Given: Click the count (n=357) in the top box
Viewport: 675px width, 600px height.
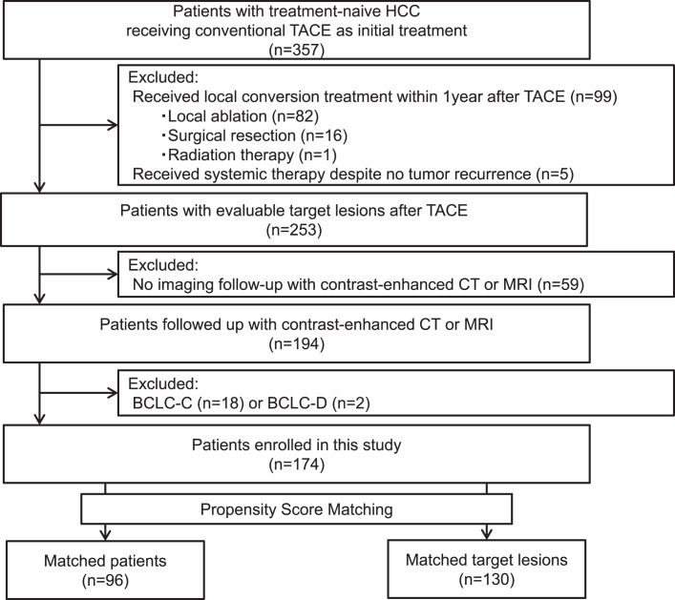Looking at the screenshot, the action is coord(297,50).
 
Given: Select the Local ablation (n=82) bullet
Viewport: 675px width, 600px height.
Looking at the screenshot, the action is coord(241,116).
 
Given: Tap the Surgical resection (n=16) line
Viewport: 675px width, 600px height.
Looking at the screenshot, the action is coord(254,135).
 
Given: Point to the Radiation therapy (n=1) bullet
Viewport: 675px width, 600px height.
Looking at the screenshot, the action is coord(249,155).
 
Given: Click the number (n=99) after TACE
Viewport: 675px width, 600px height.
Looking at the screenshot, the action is coord(594,96).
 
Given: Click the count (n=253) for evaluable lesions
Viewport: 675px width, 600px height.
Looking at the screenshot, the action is coord(294,230).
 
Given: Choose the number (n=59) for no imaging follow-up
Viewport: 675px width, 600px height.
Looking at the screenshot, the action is coord(560,284).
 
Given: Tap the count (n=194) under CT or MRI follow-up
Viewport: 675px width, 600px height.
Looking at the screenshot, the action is coord(297,343).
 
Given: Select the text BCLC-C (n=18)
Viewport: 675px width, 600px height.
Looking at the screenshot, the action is coord(188,403).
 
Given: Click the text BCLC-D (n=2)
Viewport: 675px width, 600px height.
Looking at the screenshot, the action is coord(319,403).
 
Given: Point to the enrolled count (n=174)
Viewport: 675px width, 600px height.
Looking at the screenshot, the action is coord(297,465).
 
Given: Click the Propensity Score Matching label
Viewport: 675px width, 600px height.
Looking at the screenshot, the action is coord(297,509).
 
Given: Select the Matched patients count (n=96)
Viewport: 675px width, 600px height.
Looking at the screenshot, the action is coord(105,580).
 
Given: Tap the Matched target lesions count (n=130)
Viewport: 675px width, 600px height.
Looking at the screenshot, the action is coord(487,579).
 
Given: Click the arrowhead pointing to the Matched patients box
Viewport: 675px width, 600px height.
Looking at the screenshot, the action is coord(105,535).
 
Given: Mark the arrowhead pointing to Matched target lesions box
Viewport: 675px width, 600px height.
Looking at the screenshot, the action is coord(487,534).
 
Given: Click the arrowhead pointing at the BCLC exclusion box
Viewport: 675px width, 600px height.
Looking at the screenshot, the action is coord(113,393).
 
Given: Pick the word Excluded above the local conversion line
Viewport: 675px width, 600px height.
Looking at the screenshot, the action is coord(163,77).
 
